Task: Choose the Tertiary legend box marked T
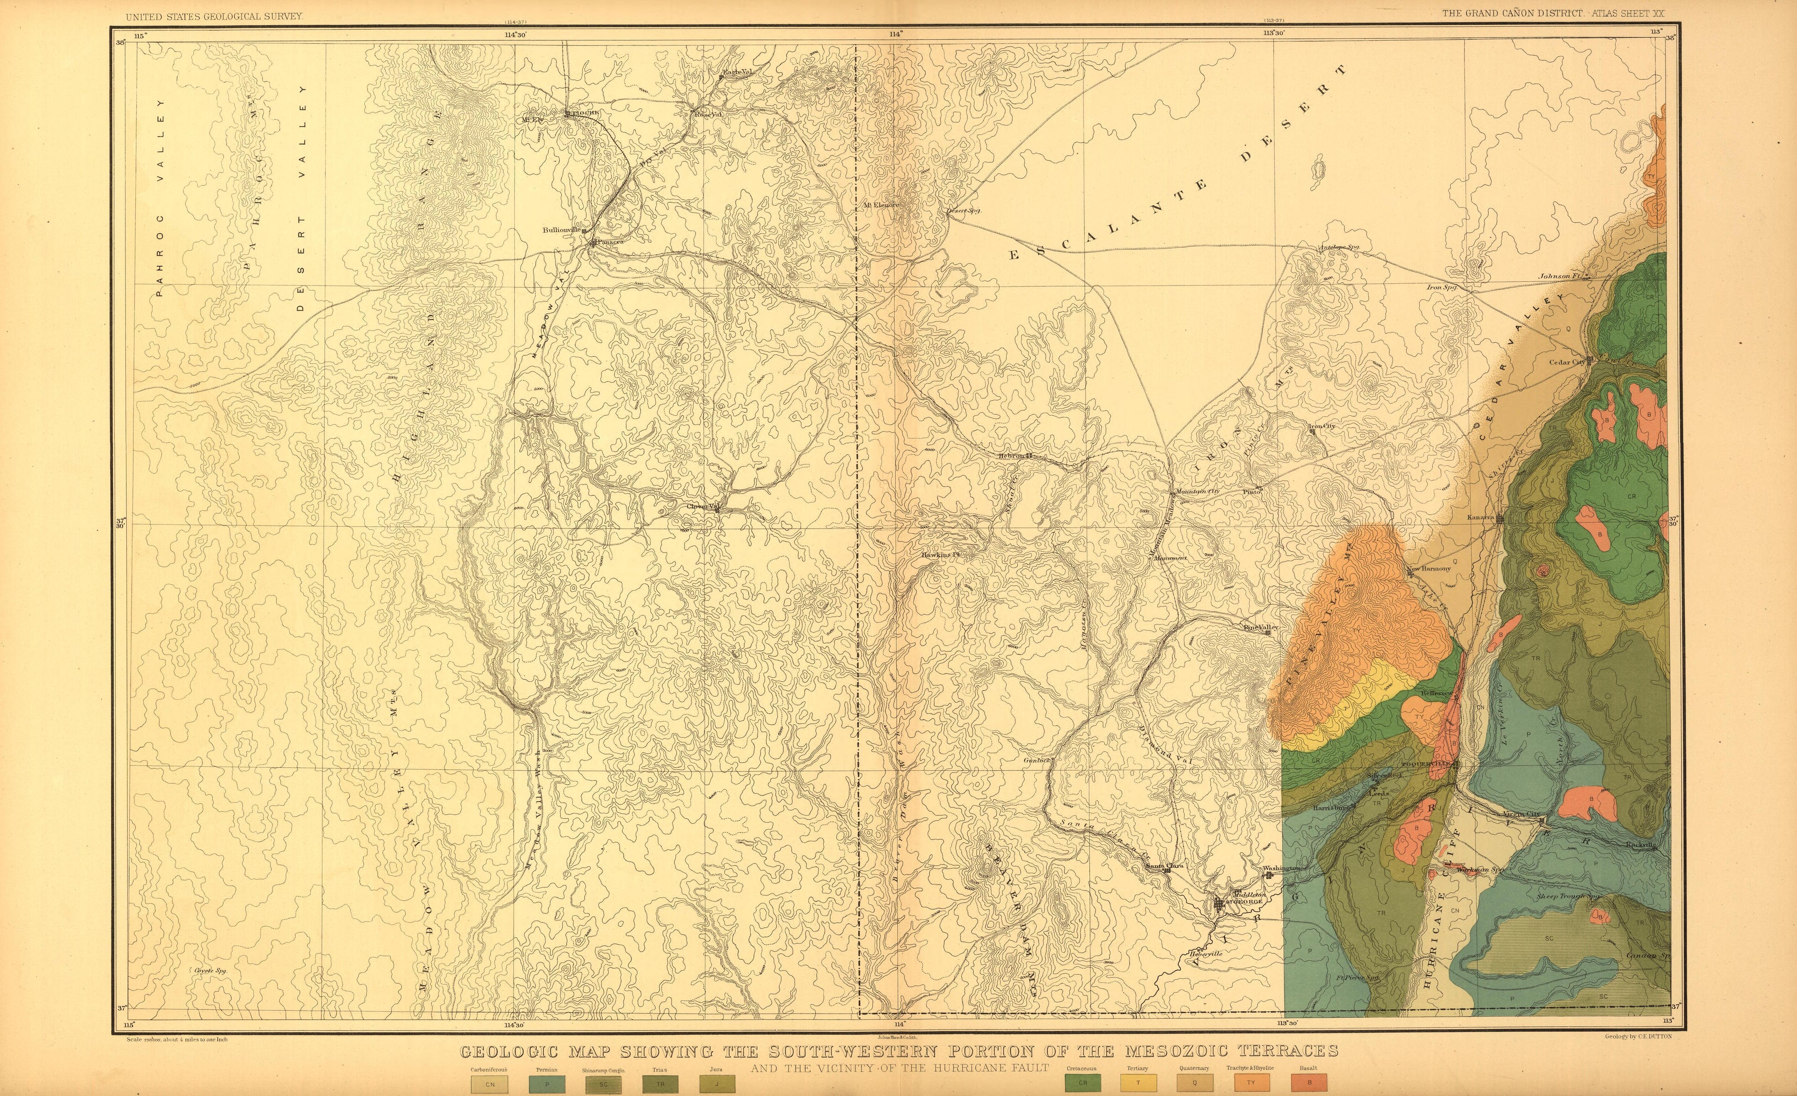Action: [x=1138, y=1083]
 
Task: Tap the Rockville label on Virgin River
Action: [x=1640, y=845]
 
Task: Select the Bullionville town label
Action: [x=561, y=230]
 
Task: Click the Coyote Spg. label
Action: [x=211, y=971]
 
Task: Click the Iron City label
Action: [x=1322, y=426]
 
